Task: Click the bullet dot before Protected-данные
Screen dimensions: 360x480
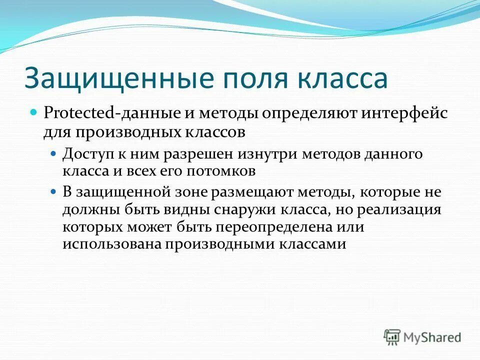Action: [34, 112]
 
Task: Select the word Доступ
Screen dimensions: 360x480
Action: [84, 154]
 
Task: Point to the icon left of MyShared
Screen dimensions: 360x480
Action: [392, 337]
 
